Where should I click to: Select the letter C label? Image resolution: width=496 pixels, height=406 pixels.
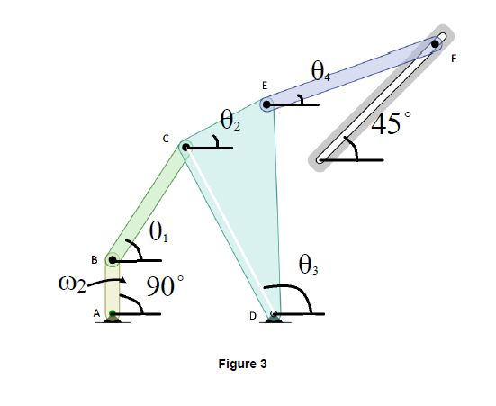point(165,139)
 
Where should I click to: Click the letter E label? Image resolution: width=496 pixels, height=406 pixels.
point(264,85)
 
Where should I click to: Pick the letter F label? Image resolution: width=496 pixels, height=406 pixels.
point(454,59)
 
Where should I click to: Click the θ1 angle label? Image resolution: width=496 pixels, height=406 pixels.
point(158,233)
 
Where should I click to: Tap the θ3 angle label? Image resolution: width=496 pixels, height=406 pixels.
point(308,266)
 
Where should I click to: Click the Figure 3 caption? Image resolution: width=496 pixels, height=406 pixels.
point(242,365)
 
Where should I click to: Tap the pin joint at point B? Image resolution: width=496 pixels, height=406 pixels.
point(112,260)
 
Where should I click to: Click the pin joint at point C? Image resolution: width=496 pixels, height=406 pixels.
point(185,147)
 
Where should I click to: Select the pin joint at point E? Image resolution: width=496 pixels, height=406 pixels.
point(267,104)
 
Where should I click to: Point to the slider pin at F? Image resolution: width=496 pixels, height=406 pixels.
point(437,42)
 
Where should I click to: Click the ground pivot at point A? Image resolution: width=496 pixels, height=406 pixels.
point(113,314)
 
